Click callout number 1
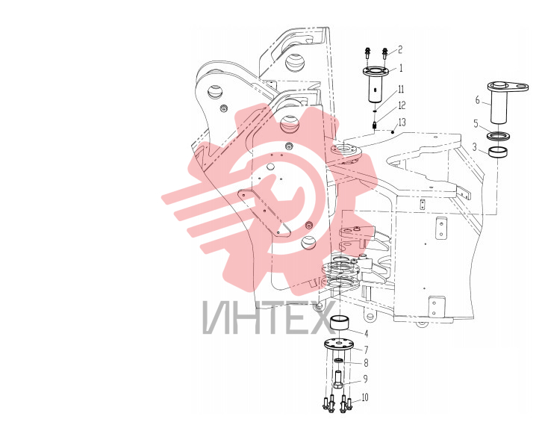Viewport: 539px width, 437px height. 401,68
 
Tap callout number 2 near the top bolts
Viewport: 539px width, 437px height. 400,49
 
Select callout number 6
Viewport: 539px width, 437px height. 477,100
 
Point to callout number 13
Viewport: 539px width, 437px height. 402,122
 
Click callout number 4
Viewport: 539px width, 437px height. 366,333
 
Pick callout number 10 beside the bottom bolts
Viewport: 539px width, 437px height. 365,397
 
